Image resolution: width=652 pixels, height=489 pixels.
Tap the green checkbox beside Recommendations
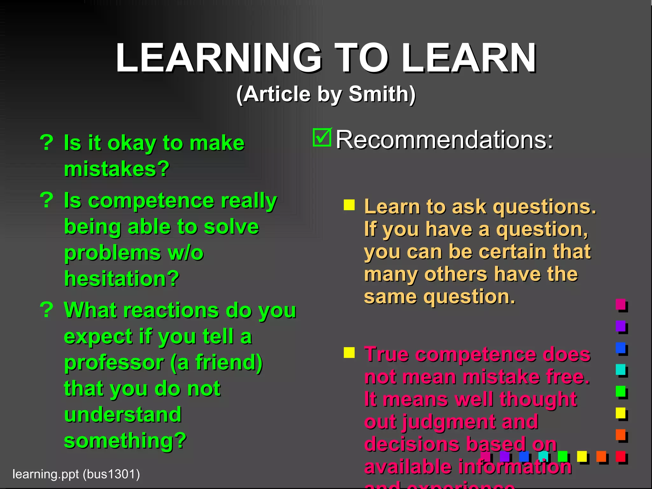(x=322, y=138)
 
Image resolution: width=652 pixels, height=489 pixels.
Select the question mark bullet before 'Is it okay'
(x=47, y=142)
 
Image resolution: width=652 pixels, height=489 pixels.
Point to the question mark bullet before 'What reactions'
(x=47, y=309)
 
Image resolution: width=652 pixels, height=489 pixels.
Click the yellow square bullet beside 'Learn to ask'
(x=349, y=205)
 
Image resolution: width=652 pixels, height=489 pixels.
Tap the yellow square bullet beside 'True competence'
(x=349, y=352)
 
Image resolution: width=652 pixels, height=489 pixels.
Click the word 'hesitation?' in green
(x=122, y=279)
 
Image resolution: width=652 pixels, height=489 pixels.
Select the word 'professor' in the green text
(x=114, y=363)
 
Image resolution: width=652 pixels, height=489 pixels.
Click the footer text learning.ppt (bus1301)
(x=76, y=474)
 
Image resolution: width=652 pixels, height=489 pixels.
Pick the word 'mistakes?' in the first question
(x=117, y=169)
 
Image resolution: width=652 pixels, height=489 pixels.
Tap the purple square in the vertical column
(x=620, y=326)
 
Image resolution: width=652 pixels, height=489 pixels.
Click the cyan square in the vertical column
(x=620, y=369)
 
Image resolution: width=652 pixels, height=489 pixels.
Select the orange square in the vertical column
(x=620, y=435)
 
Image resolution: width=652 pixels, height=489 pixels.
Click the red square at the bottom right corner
(x=620, y=456)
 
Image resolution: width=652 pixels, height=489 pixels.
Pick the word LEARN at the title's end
(x=469, y=58)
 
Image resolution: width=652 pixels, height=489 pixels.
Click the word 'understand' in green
(x=123, y=415)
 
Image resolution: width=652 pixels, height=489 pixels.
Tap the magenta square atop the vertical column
(x=620, y=304)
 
